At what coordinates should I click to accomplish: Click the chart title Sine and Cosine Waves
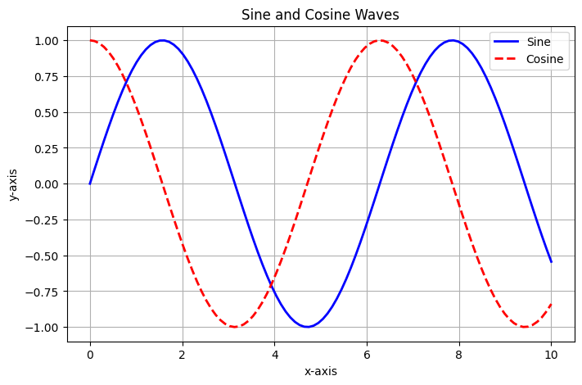320,15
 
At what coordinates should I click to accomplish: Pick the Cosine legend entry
528,59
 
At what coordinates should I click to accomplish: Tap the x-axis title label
321,371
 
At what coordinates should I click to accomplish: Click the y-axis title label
13,184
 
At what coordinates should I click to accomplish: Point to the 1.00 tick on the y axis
47,40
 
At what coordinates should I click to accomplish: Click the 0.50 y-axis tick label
47,112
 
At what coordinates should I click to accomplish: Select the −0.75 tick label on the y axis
42,292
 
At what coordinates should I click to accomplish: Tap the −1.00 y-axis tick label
42,328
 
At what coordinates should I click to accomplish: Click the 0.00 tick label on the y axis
47,184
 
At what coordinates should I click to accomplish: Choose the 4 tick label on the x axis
275,355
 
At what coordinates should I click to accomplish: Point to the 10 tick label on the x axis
551,355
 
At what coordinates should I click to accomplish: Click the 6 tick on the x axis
367,355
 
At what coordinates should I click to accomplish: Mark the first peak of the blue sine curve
162,40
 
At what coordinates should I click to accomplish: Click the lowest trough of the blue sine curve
307,327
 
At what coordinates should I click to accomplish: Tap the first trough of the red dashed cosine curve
235,327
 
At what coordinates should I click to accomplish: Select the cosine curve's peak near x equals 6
380,40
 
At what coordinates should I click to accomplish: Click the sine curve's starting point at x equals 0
90,183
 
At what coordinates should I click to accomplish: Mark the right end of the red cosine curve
551,304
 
